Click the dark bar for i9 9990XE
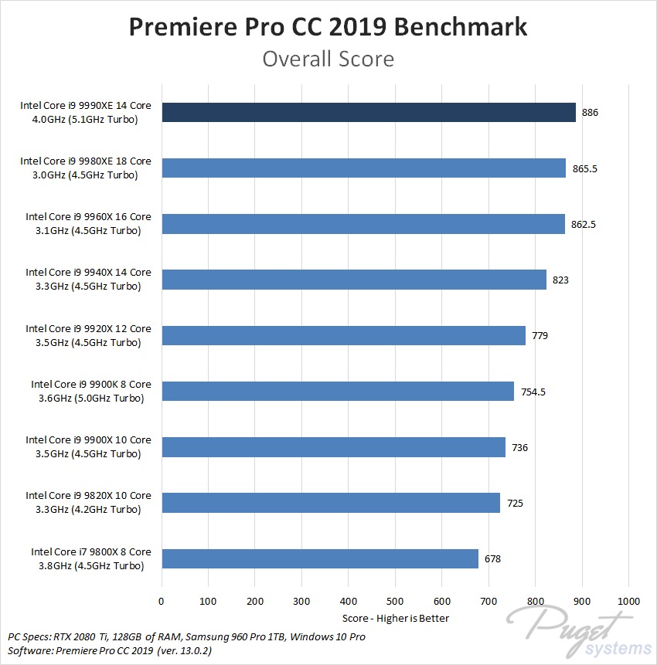[x=369, y=113]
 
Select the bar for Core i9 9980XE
[x=363, y=168]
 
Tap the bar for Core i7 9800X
[x=320, y=558]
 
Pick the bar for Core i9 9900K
[x=337, y=391]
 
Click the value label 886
[x=591, y=113]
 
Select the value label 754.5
[x=533, y=392]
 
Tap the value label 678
[x=493, y=558]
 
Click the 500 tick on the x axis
[x=395, y=601]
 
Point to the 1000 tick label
[x=628, y=601]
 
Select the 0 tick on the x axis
[x=162, y=601]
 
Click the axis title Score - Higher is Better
[x=395, y=618]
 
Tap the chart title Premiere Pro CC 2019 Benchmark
[x=328, y=26]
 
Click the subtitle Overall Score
[x=328, y=59]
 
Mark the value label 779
[x=540, y=336]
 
